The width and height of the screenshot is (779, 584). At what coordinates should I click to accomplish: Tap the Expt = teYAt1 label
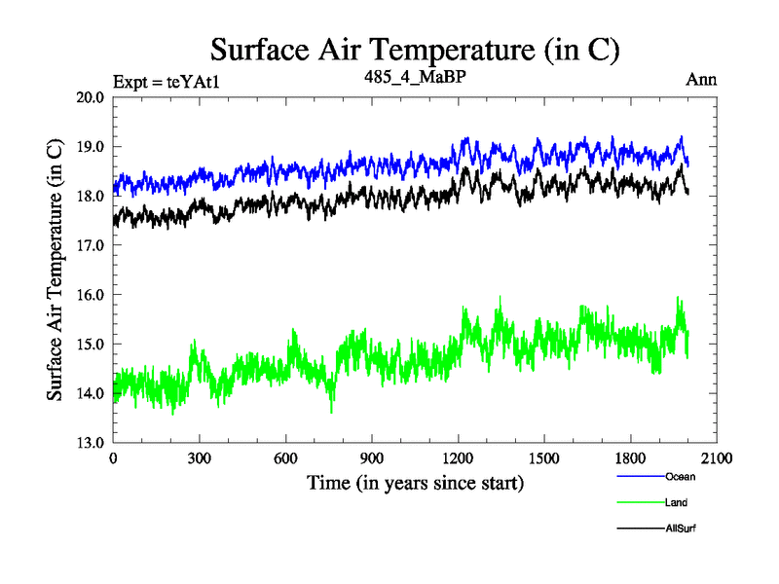(x=167, y=81)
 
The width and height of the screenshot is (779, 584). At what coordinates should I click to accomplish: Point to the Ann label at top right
(x=701, y=80)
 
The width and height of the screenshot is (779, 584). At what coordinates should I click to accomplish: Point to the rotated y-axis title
(x=56, y=270)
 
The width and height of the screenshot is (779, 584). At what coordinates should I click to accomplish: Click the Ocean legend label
(x=681, y=477)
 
